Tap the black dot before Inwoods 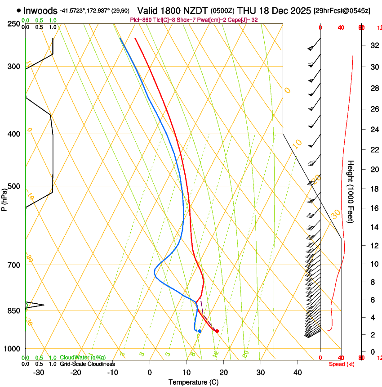(x=18, y=10)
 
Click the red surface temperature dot (x=217, y=331)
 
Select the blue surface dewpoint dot (x=200, y=331)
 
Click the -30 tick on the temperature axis (x=39, y=372)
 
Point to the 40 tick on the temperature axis (x=298, y=372)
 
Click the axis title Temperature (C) (x=193, y=382)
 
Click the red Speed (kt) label (x=342, y=364)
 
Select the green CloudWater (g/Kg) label (x=83, y=358)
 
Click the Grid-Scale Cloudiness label (x=87, y=364)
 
